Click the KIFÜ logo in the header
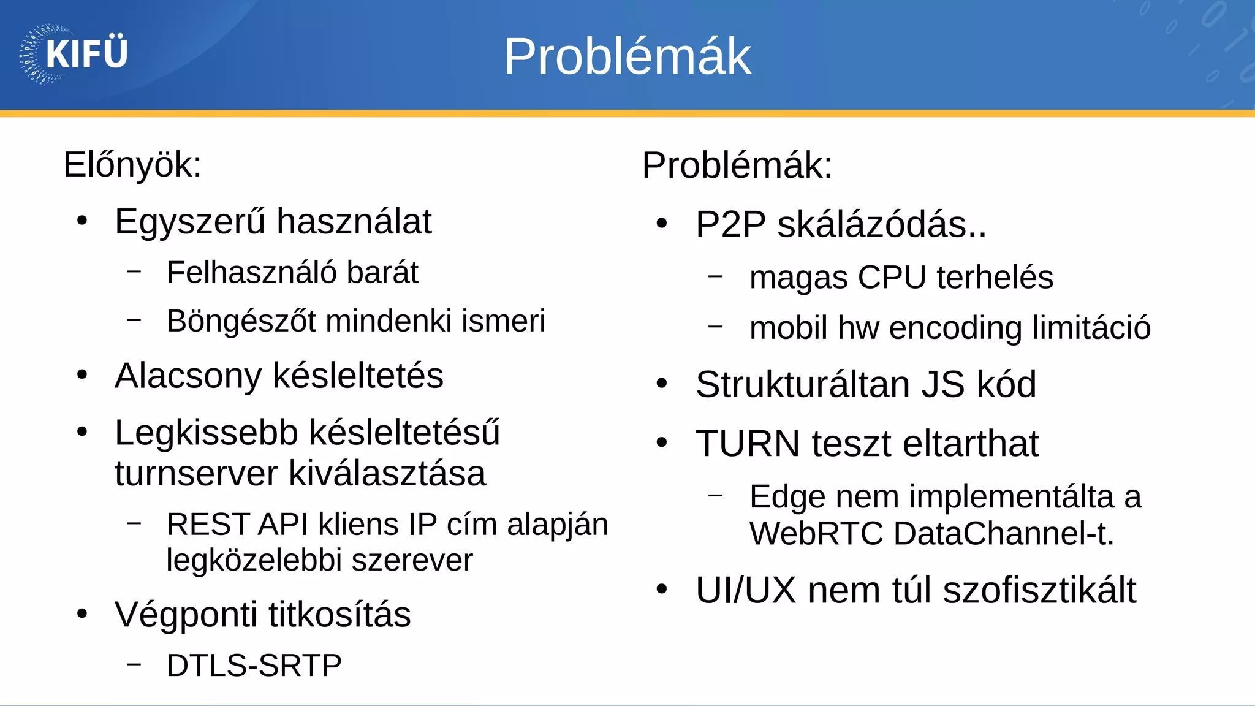74,54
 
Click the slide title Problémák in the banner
627,56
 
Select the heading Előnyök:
132,165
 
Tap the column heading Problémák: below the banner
737,165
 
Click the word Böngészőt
241,321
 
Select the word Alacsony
188,376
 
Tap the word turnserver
195,473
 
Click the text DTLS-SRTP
254,666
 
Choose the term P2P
730,224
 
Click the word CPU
892,277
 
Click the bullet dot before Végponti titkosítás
82,613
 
